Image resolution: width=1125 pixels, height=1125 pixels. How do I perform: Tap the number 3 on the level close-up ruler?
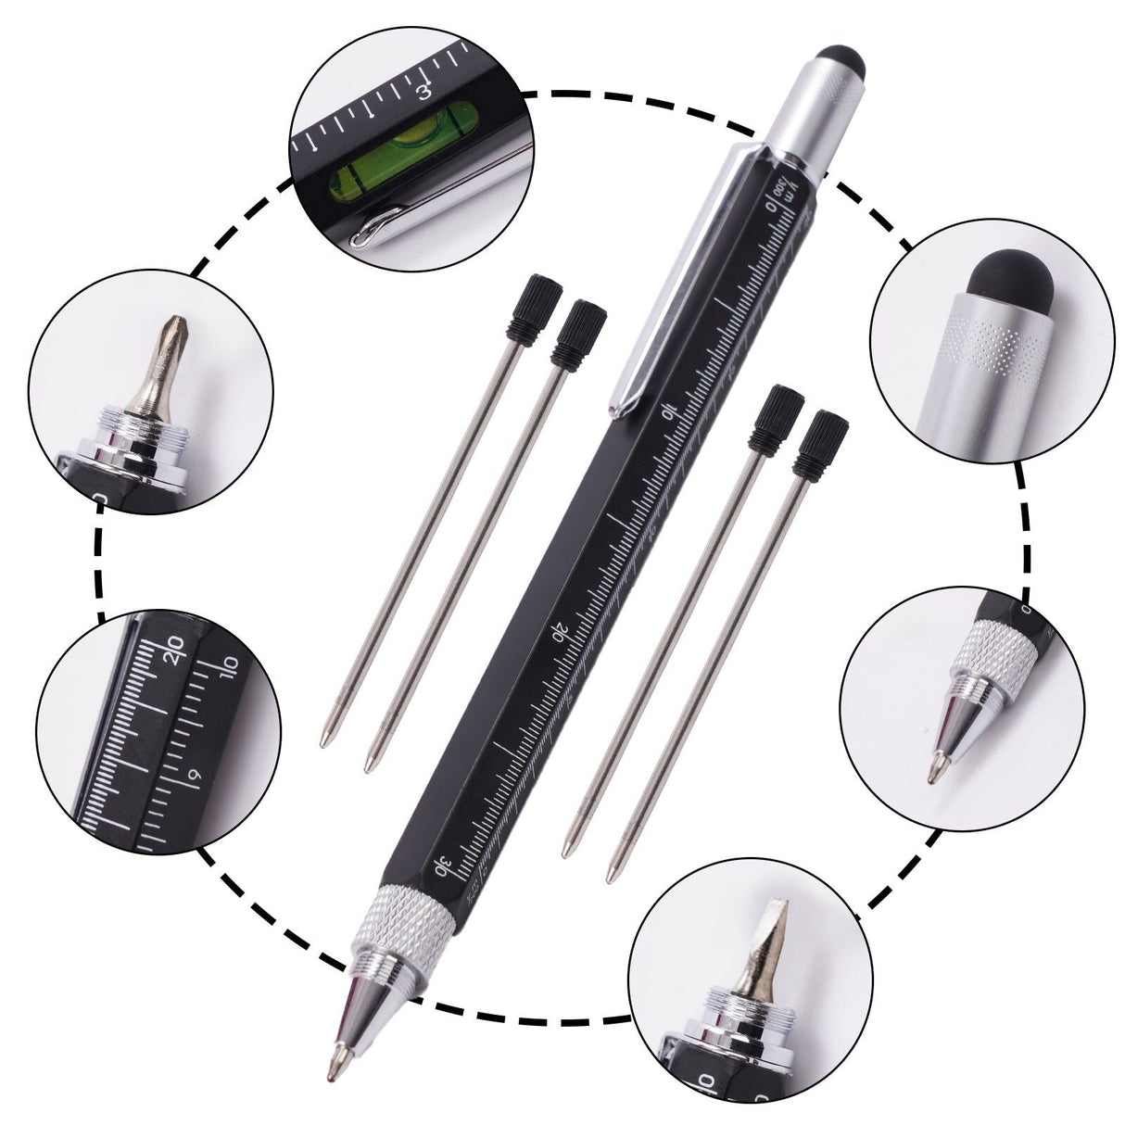pyautogui.click(x=424, y=91)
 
